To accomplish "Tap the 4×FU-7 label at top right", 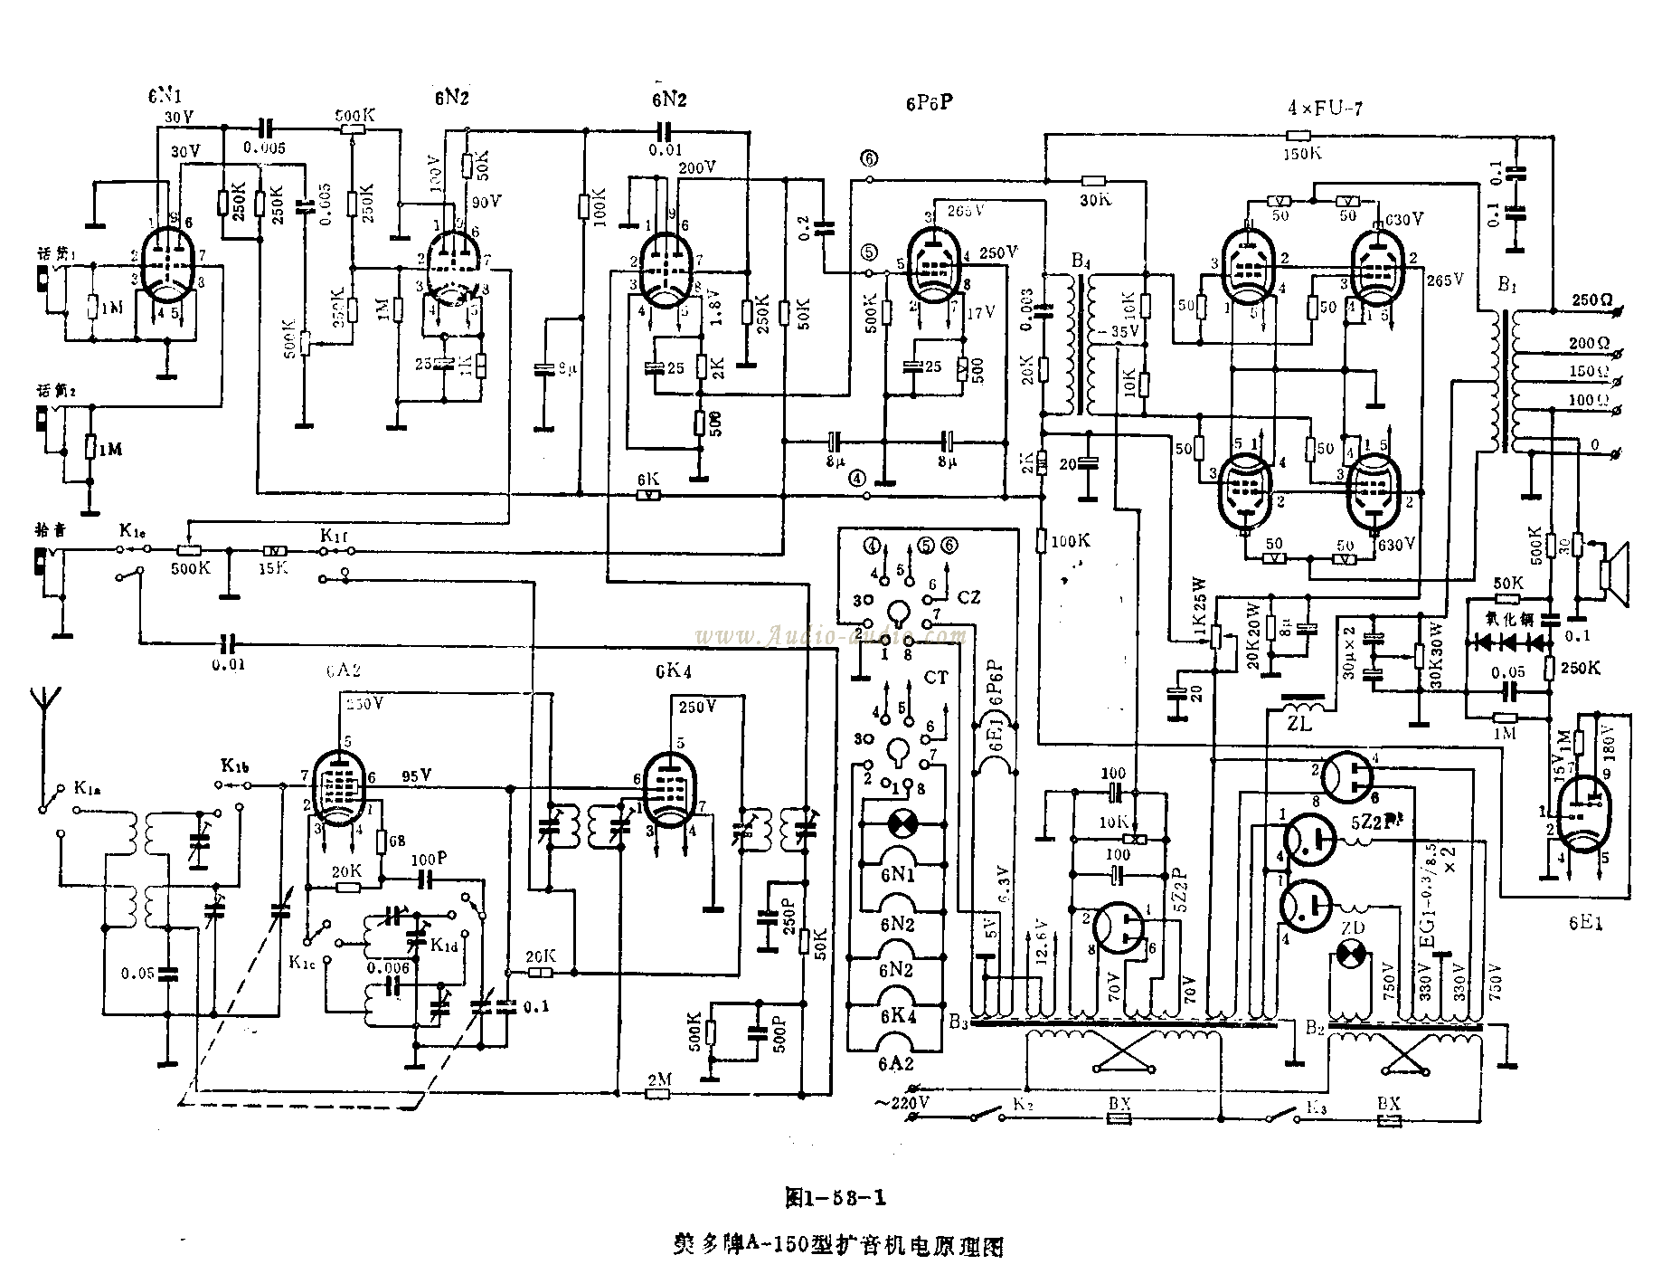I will click(1325, 109).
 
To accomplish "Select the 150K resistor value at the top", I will click(1302, 154).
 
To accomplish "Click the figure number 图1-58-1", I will click(835, 1198).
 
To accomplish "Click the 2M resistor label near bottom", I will click(658, 1079).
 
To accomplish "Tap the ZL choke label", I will click(1299, 724).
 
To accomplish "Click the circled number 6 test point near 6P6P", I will click(869, 159).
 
